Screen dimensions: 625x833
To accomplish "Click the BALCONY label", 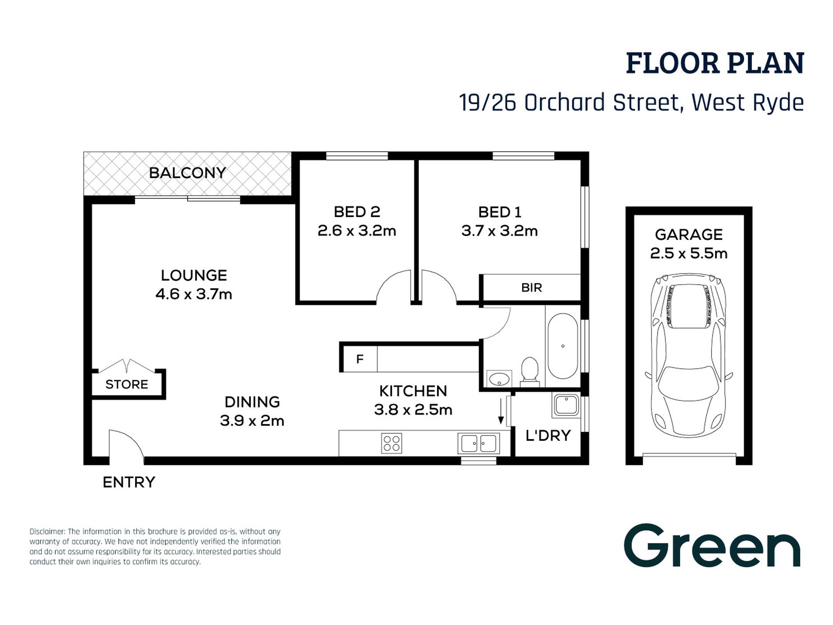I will pyautogui.click(x=187, y=173).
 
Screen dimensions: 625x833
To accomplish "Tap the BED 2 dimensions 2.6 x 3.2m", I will pyautogui.click(x=357, y=231).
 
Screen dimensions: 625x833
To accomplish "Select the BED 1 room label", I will pyautogui.click(x=499, y=212).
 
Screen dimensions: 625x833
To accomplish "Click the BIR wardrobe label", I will pyautogui.click(x=531, y=288).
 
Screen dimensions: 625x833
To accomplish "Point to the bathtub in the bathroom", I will pyautogui.click(x=563, y=346).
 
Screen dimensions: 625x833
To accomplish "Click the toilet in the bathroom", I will pyautogui.click(x=530, y=371).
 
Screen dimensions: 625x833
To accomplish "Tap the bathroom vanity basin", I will pyautogui.click(x=499, y=379).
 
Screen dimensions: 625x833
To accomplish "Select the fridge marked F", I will pyautogui.click(x=360, y=359).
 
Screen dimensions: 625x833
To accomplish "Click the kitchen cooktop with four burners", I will pyautogui.click(x=392, y=443).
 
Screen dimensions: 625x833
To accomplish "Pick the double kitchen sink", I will pyautogui.click(x=478, y=443).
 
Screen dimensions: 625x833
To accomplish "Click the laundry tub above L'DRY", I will pyautogui.click(x=566, y=405).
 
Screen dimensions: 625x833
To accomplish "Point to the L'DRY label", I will pyautogui.click(x=548, y=436).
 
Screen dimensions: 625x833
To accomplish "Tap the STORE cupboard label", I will pyautogui.click(x=127, y=385).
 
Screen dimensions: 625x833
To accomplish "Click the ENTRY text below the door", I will pyautogui.click(x=129, y=482).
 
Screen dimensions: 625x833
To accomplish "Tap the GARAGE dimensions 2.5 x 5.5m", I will pyautogui.click(x=688, y=254).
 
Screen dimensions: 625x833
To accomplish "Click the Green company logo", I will pyautogui.click(x=712, y=546).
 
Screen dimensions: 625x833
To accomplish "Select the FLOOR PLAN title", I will pyautogui.click(x=715, y=63).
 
